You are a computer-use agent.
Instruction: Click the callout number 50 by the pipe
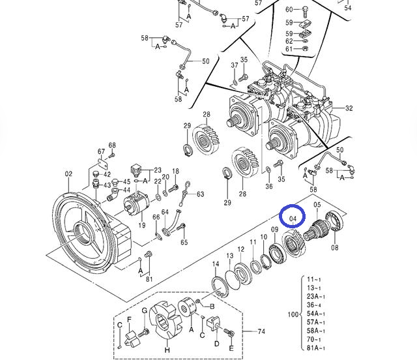click(x=205, y=61)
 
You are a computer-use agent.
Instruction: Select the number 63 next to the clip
click(x=200, y=194)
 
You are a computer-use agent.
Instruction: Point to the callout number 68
click(x=112, y=145)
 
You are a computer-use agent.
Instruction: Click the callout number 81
click(x=150, y=280)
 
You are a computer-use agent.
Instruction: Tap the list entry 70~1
click(x=315, y=339)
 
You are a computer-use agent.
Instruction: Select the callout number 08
click(x=335, y=248)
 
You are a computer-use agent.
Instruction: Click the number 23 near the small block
click(x=157, y=170)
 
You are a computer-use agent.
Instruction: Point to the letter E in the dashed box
click(x=230, y=348)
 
